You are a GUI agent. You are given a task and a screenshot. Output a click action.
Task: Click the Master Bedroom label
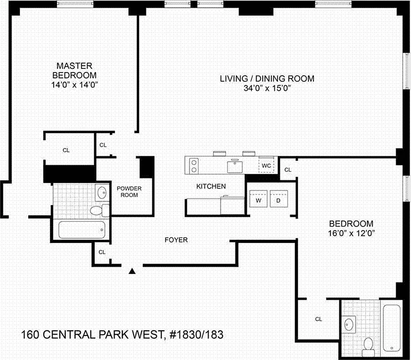75,70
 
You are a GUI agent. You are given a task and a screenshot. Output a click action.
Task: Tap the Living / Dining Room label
267,79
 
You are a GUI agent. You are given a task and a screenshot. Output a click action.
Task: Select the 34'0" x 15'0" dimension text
267,88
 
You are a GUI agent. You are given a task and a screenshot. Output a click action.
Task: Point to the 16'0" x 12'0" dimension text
351,233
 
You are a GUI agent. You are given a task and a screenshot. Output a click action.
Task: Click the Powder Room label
127,192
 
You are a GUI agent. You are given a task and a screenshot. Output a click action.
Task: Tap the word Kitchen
211,186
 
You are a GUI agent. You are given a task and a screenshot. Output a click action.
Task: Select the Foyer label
177,240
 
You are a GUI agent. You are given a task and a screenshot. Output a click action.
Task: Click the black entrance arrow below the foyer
132,271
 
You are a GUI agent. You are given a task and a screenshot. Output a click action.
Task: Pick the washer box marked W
259,200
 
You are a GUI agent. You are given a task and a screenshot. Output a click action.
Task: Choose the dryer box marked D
278,200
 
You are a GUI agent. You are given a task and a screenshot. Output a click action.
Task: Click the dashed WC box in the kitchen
266,165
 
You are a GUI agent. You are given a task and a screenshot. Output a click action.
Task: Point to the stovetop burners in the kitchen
194,165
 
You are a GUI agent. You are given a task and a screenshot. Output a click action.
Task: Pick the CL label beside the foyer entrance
102,252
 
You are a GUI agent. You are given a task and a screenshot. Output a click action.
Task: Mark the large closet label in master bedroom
66,150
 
